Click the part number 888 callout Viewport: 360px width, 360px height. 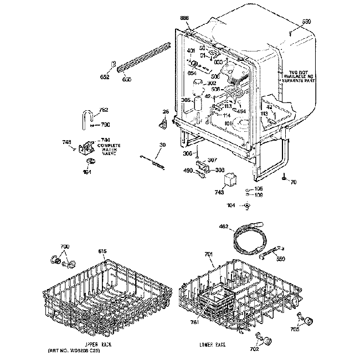[185, 18]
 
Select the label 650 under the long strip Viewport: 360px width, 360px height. [127, 79]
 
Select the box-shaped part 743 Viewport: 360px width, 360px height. [229, 181]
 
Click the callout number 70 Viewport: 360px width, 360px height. [293, 182]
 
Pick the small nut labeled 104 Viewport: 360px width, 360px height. [247, 206]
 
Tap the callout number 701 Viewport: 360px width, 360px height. [208, 254]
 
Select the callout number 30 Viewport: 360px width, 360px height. [162, 146]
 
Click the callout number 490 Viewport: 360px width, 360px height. [187, 171]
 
